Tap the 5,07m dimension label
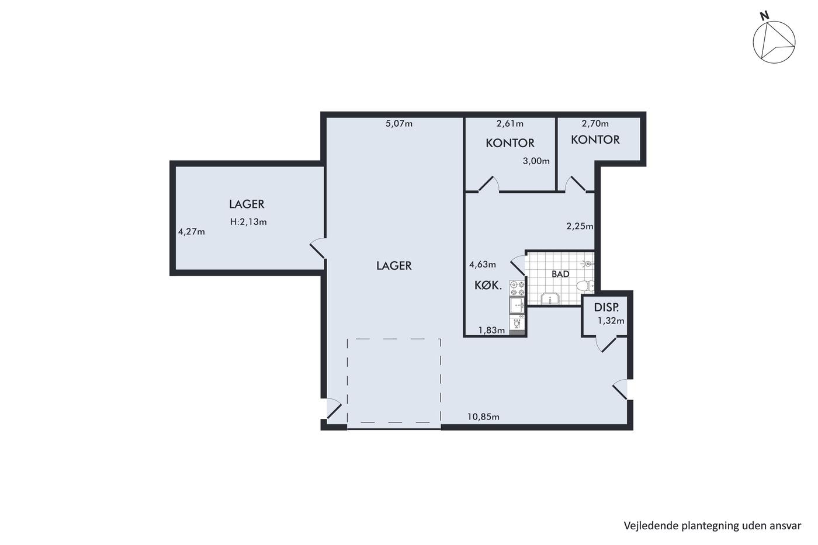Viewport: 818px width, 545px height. [x=398, y=124]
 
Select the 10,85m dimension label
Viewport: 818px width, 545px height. [x=484, y=417]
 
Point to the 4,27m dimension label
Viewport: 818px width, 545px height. [x=192, y=232]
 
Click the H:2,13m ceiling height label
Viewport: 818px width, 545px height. [x=248, y=222]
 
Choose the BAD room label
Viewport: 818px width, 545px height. [x=560, y=274]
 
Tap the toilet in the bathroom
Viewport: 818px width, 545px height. [x=585, y=286]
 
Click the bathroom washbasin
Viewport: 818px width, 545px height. [x=550, y=298]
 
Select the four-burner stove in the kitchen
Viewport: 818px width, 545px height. [x=517, y=288]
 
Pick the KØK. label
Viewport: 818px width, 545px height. [x=488, y=286]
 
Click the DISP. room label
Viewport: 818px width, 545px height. [x=606, y=308]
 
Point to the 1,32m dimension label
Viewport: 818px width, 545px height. [x=611, y=321]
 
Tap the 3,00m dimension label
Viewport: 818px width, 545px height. [x=536, y=161]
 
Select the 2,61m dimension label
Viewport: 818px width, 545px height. [x=509, y=124]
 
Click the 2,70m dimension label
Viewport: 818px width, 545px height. [x=595, y=124]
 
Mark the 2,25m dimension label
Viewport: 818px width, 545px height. [x=580, y=226]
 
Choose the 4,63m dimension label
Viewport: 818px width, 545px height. [x=483, y=264]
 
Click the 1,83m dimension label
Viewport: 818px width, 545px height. [x=492, y=331]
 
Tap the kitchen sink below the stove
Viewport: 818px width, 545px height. [x=517, y=305]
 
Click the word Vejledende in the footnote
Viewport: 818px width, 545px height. [x=648, y=526]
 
